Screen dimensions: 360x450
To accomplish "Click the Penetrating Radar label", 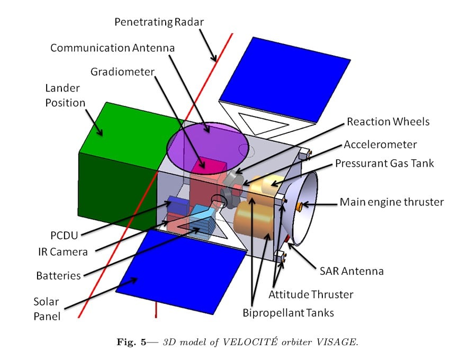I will (159, 22).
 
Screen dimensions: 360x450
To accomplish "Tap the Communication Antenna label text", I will (112, 48).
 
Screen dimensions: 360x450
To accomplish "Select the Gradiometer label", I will (122, 71).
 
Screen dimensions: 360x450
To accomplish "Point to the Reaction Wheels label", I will (388, 122).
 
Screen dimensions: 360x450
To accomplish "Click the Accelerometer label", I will (380, 144).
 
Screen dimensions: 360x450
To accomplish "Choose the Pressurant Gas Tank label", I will (384, 163).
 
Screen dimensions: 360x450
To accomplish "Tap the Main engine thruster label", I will (391, 202).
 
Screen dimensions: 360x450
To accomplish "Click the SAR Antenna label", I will (351, 271).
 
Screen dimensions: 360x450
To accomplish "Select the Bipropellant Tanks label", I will (289, 312).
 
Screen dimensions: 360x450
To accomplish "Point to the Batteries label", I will (58, 275).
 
